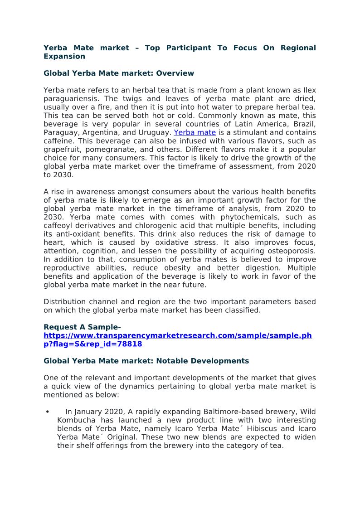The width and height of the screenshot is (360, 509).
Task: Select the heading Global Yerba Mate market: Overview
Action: (118, 73)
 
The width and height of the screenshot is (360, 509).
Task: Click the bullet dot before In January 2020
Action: (48, 412)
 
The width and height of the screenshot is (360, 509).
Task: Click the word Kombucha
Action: (76, 421)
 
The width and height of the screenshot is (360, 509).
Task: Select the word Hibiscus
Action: (264, 429)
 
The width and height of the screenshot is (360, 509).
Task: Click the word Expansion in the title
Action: (64, 57)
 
